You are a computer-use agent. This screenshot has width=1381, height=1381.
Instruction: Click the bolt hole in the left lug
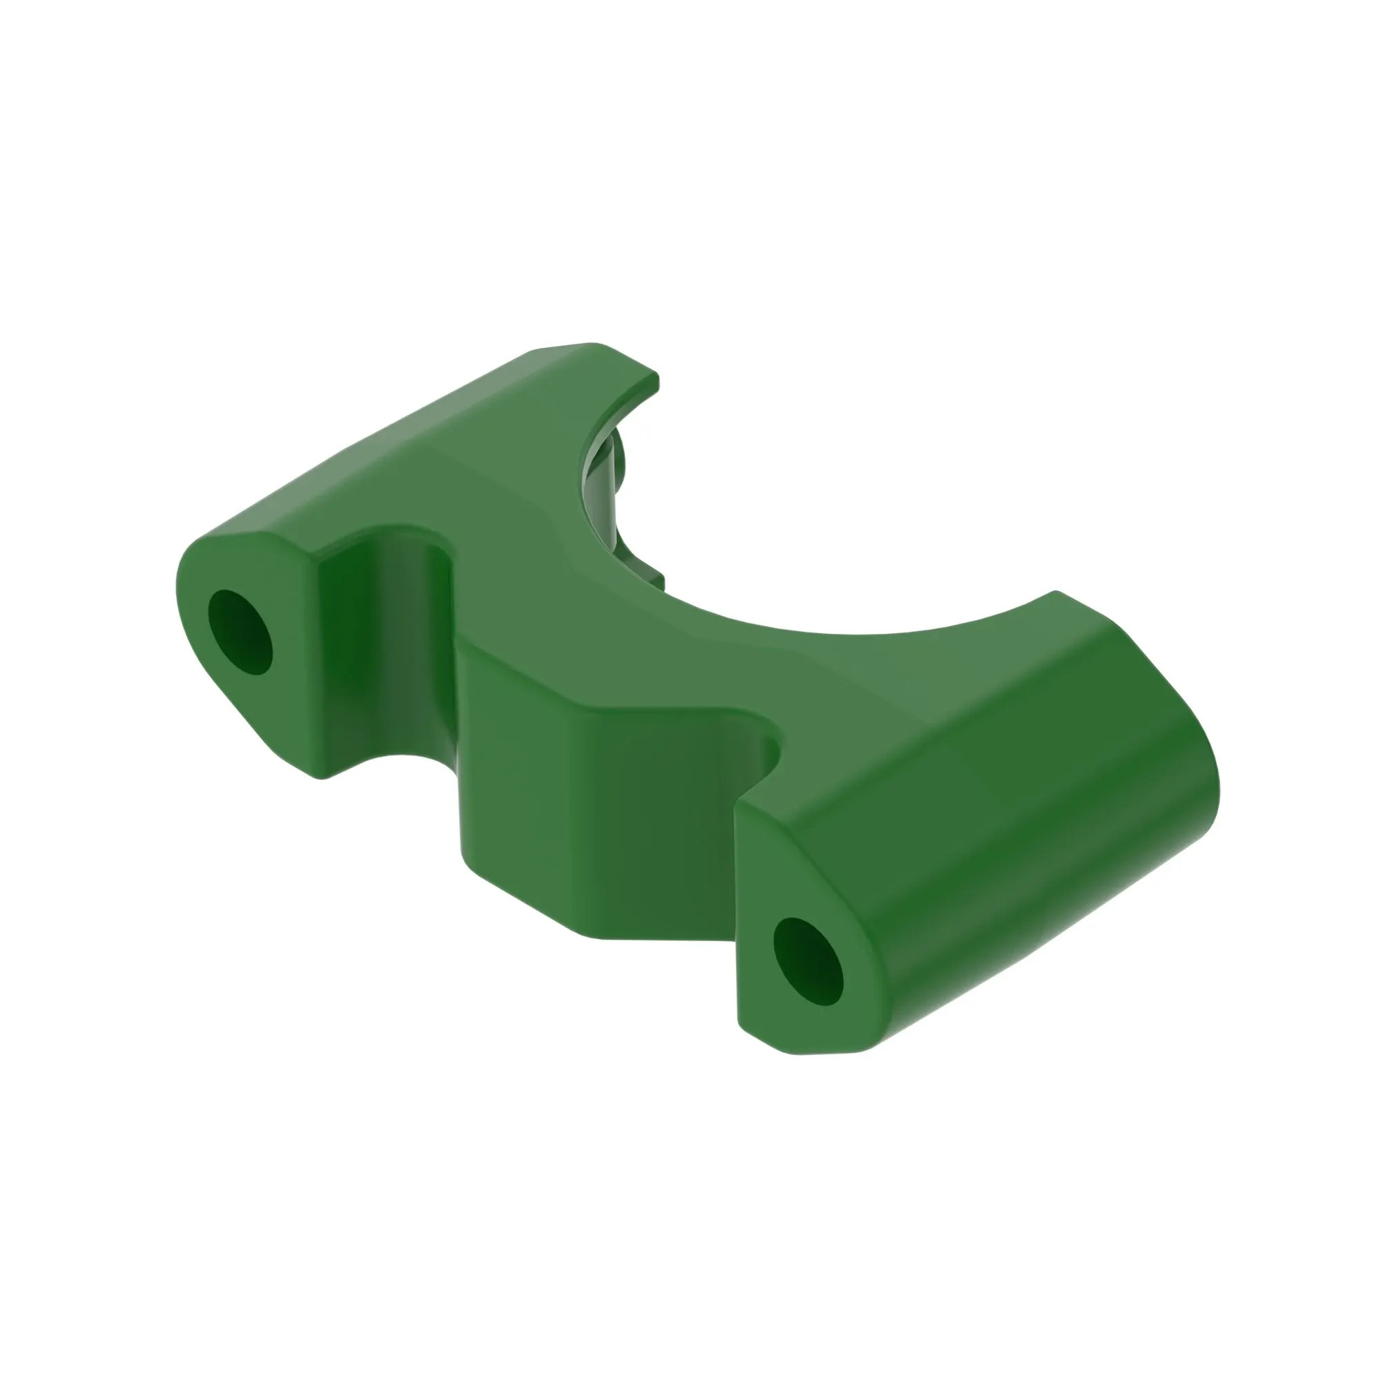pyautogui.click(x=240, y=632)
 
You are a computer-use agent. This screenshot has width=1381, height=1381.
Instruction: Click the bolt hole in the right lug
pyautogui.click(x=808, y=961)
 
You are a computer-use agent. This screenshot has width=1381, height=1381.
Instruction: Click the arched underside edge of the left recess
pyautogui.click(x=389, y=757)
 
